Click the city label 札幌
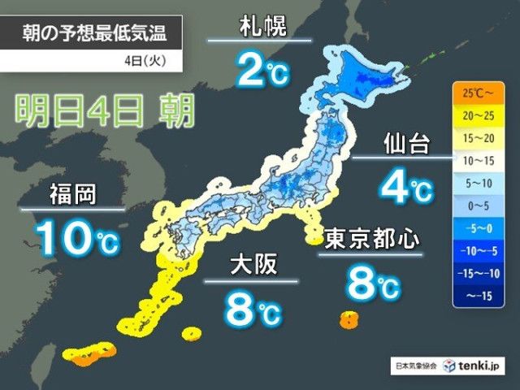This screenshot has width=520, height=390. pos(259,26)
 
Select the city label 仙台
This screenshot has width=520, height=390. pos(404,145)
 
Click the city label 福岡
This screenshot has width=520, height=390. pos(72,195)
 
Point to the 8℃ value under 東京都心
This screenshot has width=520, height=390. pos(372,284)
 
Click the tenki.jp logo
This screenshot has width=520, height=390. pos(479,366)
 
